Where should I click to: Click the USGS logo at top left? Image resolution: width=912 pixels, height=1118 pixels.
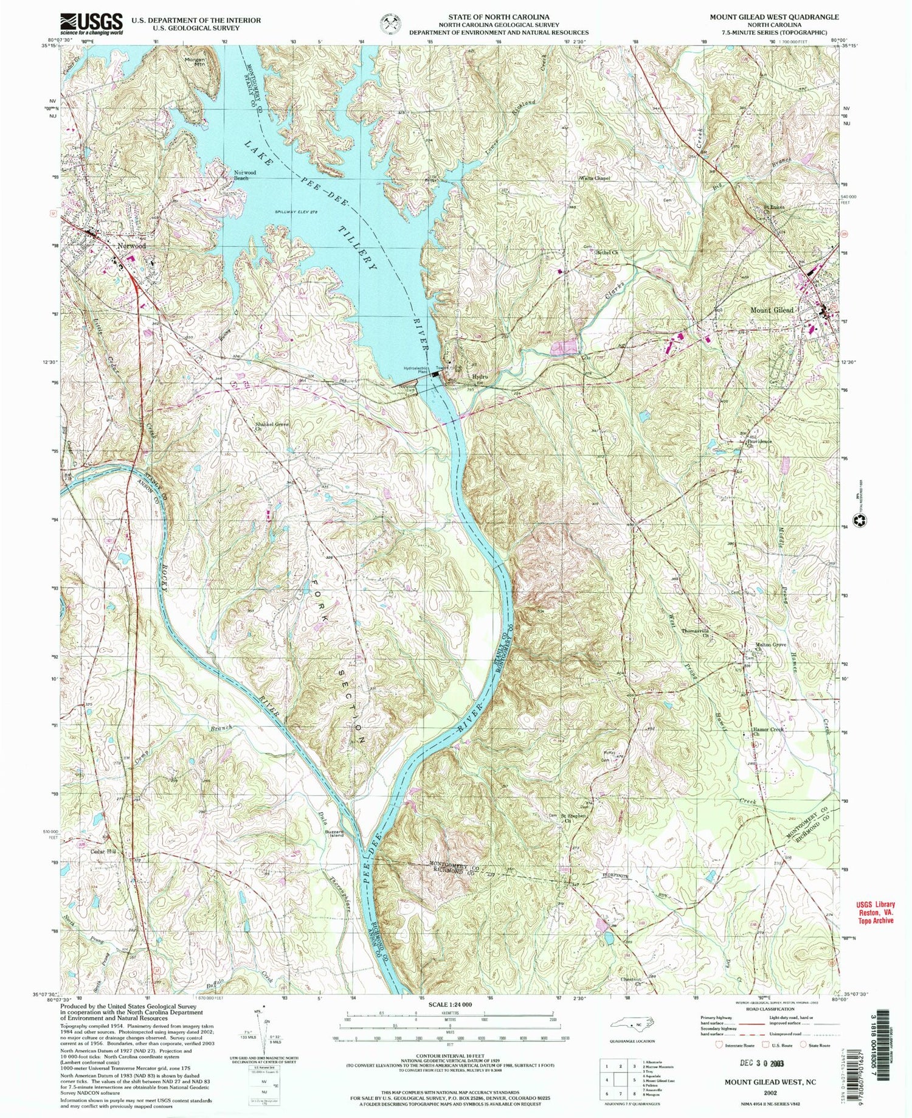coord(91,24)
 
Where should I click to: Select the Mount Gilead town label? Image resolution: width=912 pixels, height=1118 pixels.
coord(772,310)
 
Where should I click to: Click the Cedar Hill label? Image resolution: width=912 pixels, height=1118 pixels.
coord(103,852)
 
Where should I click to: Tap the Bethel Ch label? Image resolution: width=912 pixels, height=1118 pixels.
coord(606,252)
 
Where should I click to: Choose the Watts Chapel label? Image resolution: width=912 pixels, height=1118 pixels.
coord(593,178)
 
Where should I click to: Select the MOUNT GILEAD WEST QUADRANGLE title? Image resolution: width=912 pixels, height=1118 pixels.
coord(774,18)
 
